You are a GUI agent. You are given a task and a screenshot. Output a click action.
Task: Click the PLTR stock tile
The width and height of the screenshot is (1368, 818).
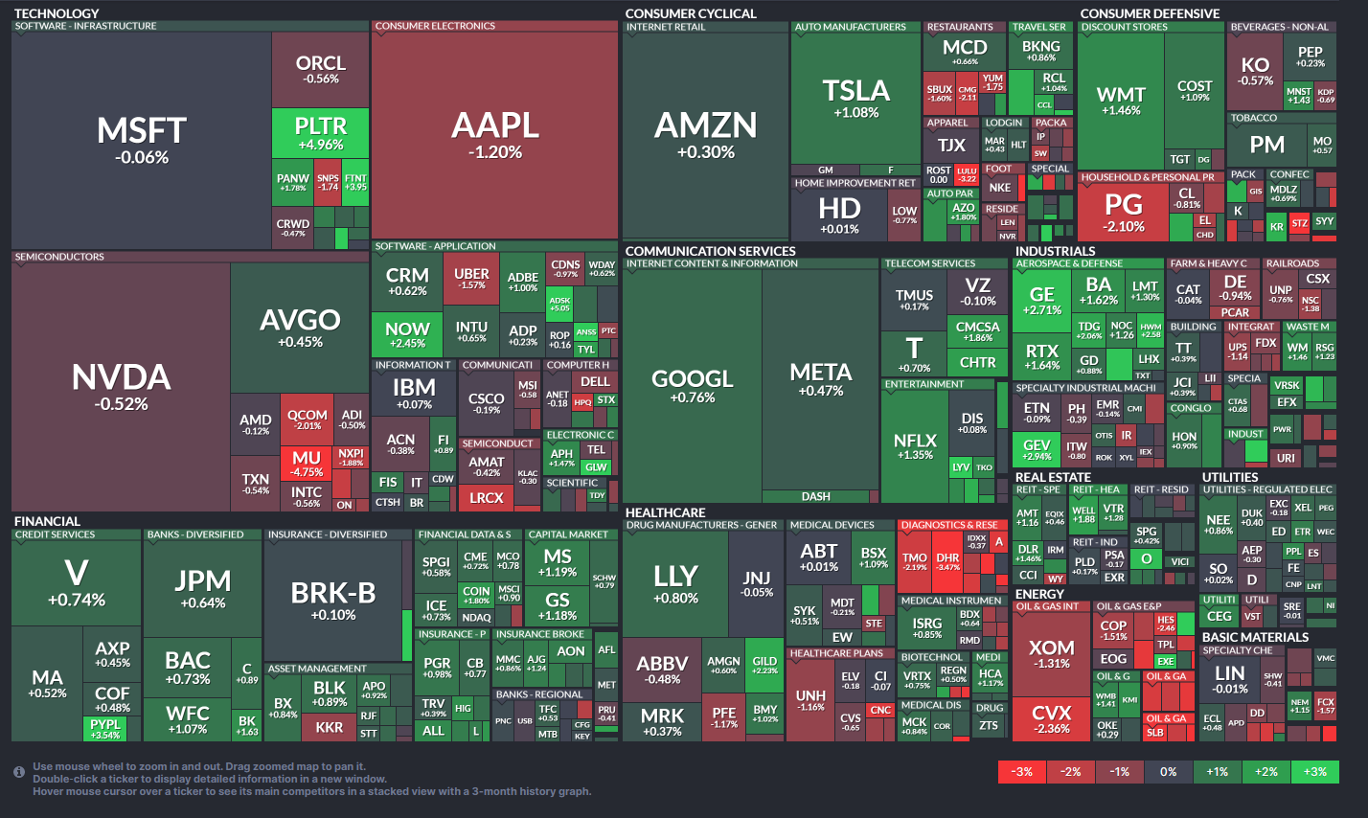[320, 133]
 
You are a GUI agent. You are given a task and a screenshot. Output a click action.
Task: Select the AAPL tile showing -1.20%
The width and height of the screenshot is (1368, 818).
[494, 134]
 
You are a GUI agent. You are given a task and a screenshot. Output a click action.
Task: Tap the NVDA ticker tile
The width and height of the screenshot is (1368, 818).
[121, 385]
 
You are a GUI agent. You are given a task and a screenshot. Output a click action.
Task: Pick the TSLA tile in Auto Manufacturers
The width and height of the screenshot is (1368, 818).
[855, 98]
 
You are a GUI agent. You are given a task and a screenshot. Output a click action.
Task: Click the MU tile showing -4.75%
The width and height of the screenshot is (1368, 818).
[307, 464]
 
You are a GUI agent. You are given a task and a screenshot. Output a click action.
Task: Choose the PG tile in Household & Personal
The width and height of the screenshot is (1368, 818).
[1124, 212]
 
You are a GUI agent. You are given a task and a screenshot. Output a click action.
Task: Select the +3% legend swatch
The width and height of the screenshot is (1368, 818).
[1314, 771]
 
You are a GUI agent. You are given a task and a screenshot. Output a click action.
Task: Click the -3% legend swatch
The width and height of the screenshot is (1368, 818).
[1022, 771]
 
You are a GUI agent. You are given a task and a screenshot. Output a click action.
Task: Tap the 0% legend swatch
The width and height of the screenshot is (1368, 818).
[1168, 771]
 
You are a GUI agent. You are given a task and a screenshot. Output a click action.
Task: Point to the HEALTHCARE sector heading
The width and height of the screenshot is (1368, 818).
[665, 513]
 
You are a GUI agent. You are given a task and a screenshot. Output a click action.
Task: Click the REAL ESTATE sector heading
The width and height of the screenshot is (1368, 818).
[1053, 477]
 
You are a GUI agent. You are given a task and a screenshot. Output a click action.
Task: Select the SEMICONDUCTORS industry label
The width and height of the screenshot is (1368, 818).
[59, 257]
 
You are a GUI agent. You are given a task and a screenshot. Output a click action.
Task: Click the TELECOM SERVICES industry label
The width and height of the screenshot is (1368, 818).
[929, 263]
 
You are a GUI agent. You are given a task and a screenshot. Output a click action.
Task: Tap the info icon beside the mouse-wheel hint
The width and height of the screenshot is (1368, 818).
[19, 772]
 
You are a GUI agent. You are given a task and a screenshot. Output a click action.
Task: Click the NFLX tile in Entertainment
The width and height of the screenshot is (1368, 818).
[914, 445]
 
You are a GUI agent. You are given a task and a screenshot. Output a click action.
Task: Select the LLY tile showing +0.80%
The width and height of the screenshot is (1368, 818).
[675, 581]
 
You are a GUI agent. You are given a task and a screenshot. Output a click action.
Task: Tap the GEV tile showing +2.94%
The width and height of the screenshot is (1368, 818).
[1037, 449]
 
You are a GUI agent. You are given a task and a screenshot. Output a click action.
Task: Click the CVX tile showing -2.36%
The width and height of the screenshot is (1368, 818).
[1051, 718]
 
